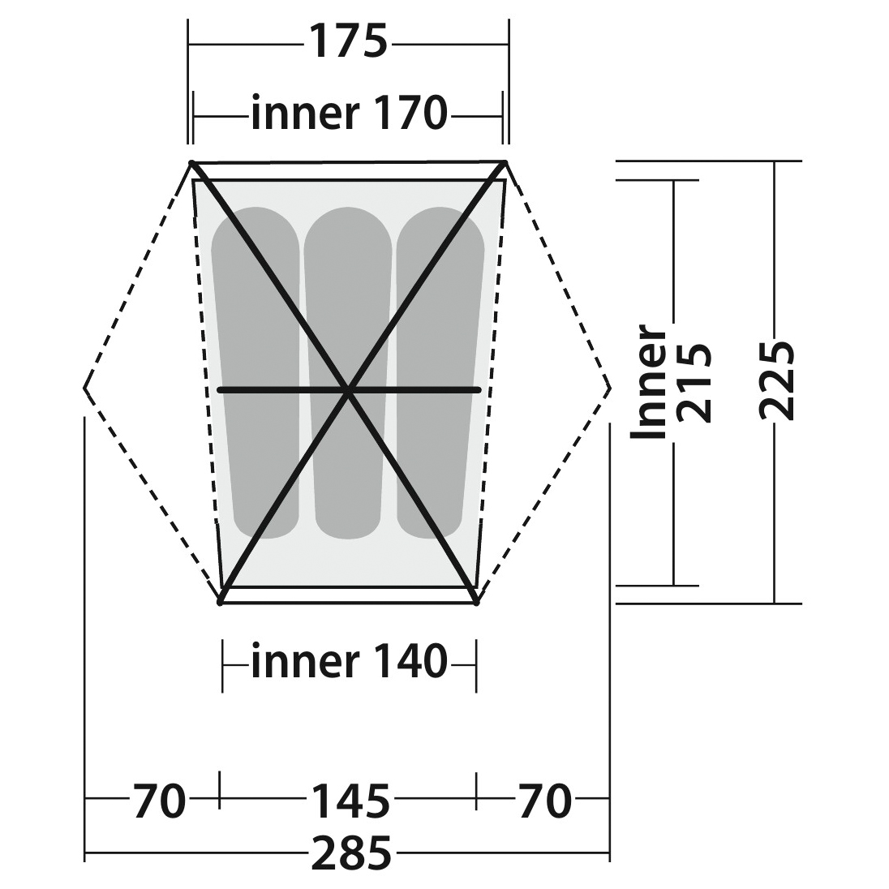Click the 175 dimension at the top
(348, 41)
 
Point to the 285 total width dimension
(351, 853)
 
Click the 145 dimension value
(351, 801)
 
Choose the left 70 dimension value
(159, 801)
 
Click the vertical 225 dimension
(777, 381)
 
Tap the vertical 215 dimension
(694, 384)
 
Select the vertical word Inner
(648, 381)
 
